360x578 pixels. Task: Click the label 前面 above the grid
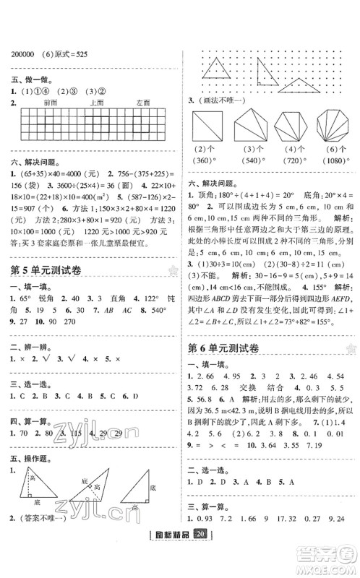[50, 103]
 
